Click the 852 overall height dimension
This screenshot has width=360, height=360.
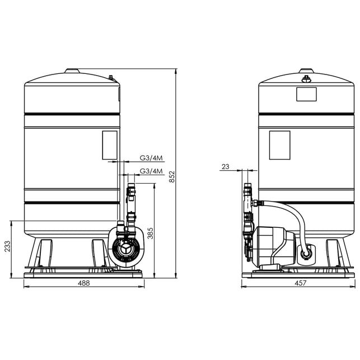(x=172, y=176)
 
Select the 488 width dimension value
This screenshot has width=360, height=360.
(x=84, y=283)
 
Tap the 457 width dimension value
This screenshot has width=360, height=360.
(x=301, y=283)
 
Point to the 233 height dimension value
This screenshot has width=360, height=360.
(x=8, y=246)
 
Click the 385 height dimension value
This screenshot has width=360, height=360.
(x=150, y=233)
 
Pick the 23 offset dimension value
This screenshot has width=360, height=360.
(x=226, y=166)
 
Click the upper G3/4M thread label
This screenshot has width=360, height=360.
(x=151, y=158)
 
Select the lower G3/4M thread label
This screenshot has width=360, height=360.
(x=151, y=171)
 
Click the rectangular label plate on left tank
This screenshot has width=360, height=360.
(x=110, y=145)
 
